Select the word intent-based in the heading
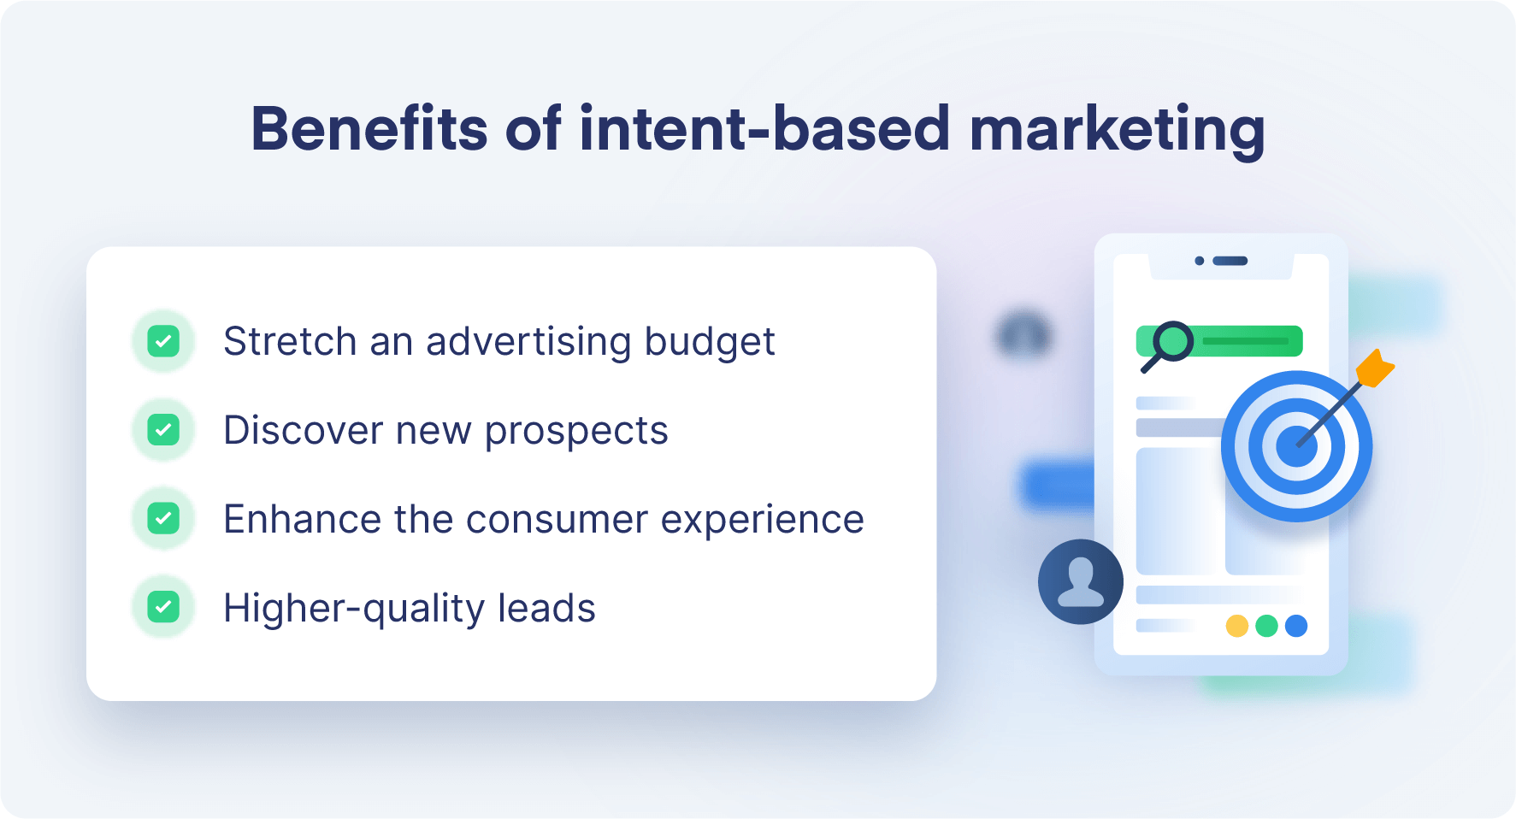click(764, 129)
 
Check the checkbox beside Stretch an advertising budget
click(163, 341)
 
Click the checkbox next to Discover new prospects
click(163, 430)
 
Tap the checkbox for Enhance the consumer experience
click(163, 519)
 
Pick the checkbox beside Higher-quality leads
click(163, 608)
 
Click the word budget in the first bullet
click(709, 342)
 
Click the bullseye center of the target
click(1296, 446)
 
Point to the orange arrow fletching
click(1374, 368)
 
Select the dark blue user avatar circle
click(1080, 581)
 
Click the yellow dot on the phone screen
click(1236, 626)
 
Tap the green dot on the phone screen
click(1266, 626)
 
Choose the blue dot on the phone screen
click(1296, 626)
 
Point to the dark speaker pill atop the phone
click(1230, 261)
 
